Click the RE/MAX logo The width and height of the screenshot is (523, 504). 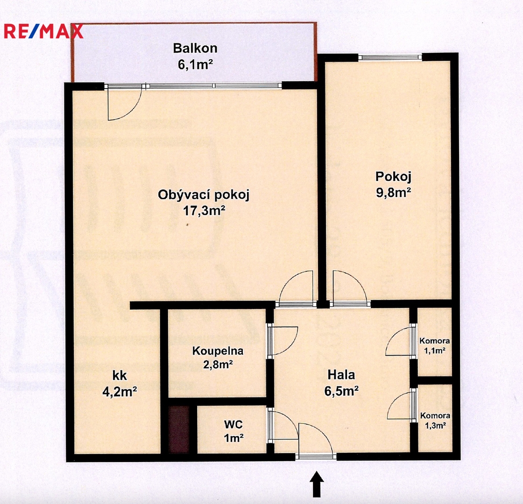(43, 31)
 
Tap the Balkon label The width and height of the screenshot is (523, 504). (195, 49)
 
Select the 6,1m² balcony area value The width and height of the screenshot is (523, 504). (196, 64)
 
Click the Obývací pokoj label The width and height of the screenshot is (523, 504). (204, 195)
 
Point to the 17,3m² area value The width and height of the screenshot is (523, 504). (204, 210)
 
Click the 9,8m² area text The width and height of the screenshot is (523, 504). (393, 192)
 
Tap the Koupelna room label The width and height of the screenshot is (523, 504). (218, 350)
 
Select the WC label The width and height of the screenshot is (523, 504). (233, 424)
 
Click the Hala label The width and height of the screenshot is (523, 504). (341, 375)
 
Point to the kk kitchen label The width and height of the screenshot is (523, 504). (120, 376)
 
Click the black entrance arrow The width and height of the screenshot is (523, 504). (317, 484)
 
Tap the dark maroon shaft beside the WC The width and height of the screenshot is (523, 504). (179, 429)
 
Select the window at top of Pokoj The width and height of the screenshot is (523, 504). (390, 57)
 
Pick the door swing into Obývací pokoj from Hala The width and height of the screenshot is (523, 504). (288, 280)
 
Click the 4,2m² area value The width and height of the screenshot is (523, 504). (120, 392)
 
